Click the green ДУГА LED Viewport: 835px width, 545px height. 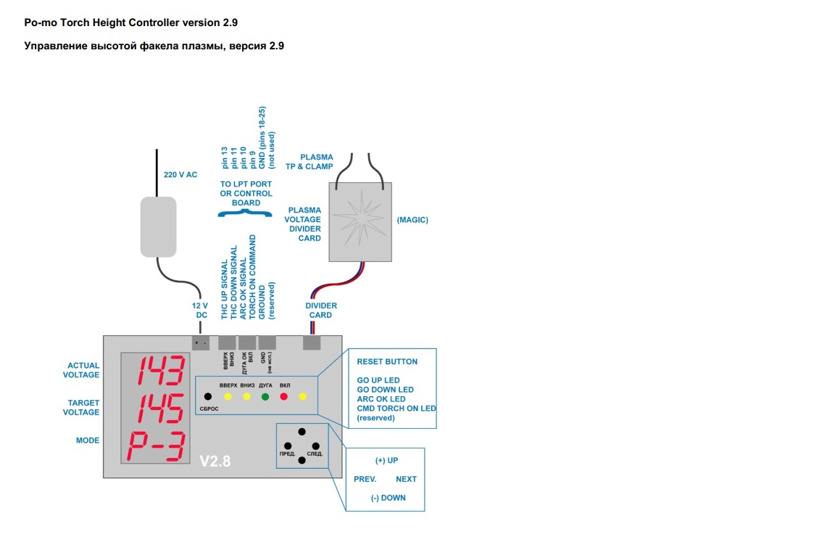click(265, 397)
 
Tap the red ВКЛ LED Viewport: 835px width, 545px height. click(284, 397)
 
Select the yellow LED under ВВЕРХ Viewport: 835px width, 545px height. click(228, 397)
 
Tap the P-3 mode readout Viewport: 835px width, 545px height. click(155, 446)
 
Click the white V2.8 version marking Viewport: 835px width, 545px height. click(215, 460)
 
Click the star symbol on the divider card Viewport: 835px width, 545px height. click(360, 220)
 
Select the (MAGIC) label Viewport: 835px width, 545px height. click(412, 220)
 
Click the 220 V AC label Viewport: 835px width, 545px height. click(180, 175)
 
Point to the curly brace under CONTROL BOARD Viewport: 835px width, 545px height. click(246, 213)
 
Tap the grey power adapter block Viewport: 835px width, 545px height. click(158, 226)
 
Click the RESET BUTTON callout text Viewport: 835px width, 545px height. click(387, 361)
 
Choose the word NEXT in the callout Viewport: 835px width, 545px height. click(406, 479)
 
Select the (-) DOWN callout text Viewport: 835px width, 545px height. click(388, 498)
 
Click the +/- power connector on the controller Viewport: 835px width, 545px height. click(201, 343)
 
